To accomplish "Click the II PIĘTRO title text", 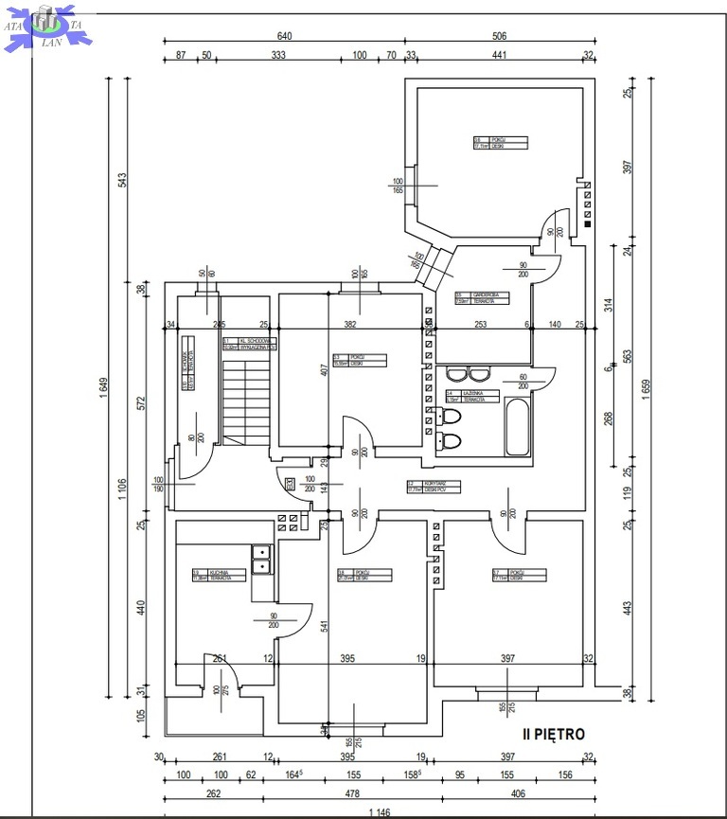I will [x=555, y=734].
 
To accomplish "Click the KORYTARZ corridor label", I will [x=434, y=487].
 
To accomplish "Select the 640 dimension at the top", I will [x=284, y=36].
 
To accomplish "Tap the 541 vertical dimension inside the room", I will [x=324, y=626].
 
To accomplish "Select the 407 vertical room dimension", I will [x=324, y=370].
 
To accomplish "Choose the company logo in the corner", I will [x=46, y=27].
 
